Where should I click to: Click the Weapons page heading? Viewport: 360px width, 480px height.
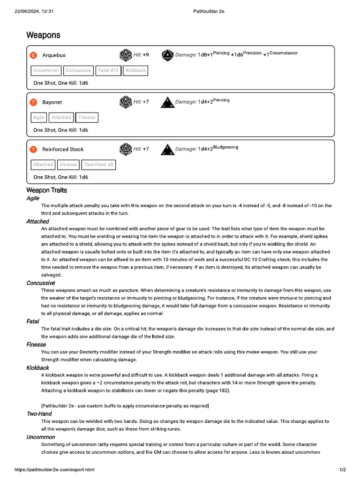(43, 35)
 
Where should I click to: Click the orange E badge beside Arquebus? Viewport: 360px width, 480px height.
(33, 55)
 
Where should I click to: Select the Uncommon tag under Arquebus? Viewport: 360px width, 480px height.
(46, 70)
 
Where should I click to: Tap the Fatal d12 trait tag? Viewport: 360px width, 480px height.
(108, 70)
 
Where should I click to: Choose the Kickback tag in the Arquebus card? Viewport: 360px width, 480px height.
(135, 70)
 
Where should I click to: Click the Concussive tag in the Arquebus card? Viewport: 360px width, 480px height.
(78, 70)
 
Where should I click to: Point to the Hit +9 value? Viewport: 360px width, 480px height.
(141, 55)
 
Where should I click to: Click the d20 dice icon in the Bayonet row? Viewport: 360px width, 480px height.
(126, 102)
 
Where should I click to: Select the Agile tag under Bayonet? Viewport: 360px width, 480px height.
(39, 118)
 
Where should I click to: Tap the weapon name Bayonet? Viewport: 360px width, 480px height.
(52, 102)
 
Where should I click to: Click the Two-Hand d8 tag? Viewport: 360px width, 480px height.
(98, 165)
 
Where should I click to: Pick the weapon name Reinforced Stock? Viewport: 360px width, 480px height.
(63, 150)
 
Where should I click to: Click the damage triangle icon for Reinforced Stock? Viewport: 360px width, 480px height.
(167, 149)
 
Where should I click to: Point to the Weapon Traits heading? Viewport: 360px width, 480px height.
(46, 190)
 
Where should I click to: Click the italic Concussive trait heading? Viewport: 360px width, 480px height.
(41, 283)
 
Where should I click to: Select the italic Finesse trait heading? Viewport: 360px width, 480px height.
(36, 345)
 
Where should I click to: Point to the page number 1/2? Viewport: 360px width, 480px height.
(342, 470)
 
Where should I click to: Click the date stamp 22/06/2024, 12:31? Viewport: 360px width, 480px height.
(34, 11)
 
